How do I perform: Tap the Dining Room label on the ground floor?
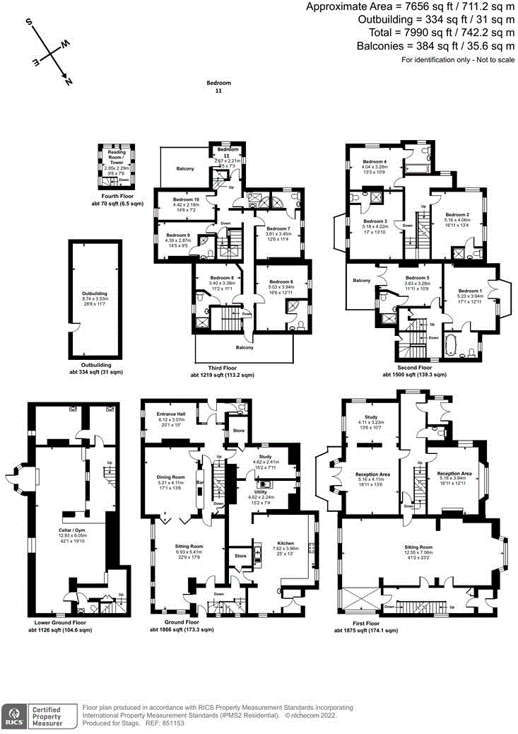tap(170, 477)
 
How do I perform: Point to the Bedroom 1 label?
tap(470, 291)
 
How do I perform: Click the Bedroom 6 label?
tap(281, 281)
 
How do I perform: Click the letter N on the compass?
tap(68, 82)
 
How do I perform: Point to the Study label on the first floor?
tap(371, 416)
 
